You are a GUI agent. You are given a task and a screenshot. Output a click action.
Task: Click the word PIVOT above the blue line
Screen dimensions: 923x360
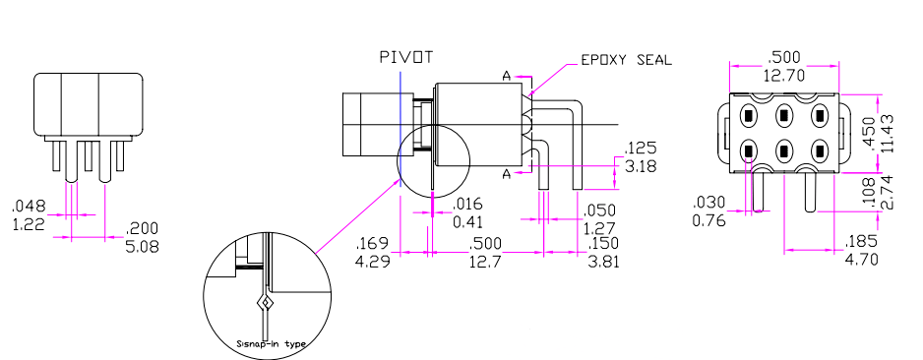click(x=406, y=57)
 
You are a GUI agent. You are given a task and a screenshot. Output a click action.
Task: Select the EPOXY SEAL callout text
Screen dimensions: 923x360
click(x=626, y=60)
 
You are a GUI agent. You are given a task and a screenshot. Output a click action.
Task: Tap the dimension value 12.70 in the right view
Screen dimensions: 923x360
click(x=784, y=76)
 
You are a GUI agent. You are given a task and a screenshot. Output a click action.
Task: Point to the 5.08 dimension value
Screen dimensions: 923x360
click(x=142, y=246)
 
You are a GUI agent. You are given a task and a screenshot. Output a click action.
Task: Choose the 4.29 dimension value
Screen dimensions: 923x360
click(x=374, y=260)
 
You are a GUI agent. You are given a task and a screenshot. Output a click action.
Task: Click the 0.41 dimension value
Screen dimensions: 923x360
click(x=468, y=221)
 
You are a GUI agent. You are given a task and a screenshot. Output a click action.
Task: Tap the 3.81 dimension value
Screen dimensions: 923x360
click(x=603, y=260)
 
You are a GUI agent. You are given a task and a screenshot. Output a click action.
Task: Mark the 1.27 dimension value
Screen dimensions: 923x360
click(x=600, y=227)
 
